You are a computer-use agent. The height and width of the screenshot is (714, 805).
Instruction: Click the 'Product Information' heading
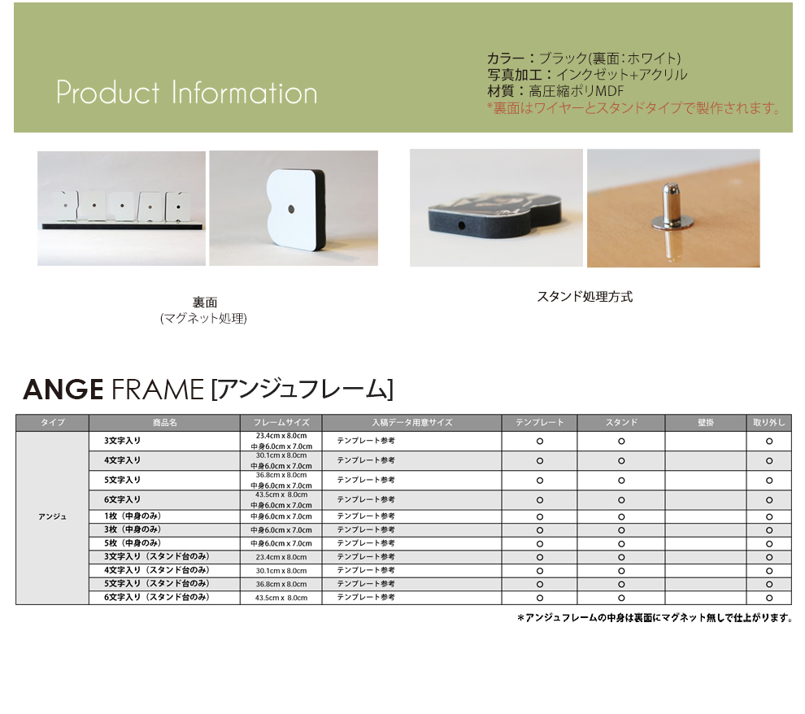186,93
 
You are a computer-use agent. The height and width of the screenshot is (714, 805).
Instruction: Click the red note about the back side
633,108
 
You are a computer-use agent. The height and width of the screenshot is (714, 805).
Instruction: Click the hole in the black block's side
461,225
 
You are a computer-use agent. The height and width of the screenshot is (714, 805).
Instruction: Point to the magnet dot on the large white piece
291,209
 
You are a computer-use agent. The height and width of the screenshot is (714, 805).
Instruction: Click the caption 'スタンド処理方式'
585,297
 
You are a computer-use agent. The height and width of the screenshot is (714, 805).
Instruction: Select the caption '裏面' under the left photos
205,303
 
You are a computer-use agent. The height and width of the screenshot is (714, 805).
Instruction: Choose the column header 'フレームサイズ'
281,422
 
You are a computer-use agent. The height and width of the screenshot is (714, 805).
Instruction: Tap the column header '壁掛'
706,422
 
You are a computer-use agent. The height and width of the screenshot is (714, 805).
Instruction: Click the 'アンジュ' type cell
52,516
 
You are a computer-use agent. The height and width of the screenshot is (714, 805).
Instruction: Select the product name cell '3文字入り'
122,441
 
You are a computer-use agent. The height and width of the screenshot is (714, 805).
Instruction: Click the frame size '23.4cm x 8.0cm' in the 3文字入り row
281,436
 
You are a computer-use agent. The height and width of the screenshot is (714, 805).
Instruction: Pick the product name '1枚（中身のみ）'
133,516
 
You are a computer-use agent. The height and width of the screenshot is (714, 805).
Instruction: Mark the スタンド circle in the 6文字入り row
621,500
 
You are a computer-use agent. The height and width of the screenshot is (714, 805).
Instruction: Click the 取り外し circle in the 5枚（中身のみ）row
769,543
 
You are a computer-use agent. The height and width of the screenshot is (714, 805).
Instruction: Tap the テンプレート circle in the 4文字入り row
540,461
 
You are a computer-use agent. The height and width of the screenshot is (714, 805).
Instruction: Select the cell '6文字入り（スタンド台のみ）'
157,597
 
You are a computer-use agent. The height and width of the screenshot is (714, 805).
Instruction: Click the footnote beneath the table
655,617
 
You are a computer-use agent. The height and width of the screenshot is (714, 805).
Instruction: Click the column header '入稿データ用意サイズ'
412,422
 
